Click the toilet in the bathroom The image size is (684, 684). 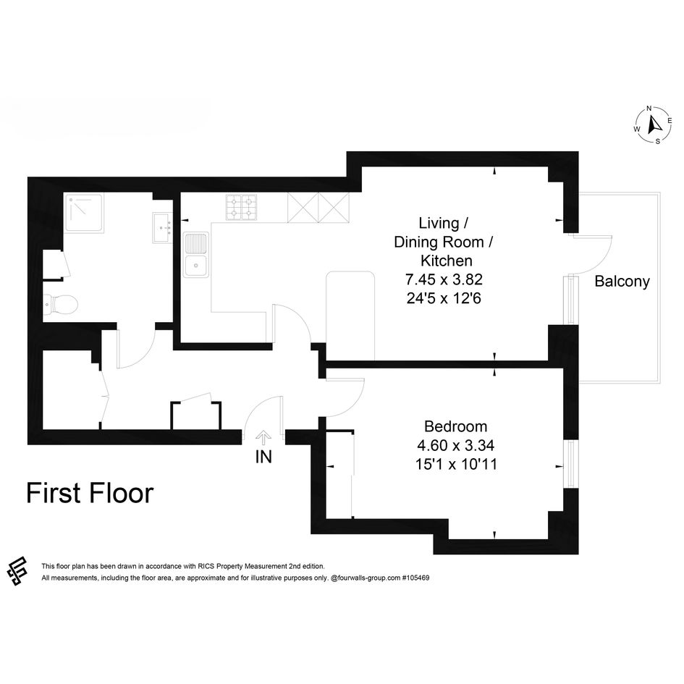[x=60, y=303]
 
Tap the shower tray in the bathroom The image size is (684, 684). [x=85, y=213]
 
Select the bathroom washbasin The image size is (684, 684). [x=163, y=228]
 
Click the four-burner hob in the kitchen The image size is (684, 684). [x=241, y=207]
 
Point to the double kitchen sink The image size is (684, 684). [x=196, y=255]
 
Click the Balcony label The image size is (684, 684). [x=622, y=282]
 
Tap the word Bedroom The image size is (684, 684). [x=455, y=426]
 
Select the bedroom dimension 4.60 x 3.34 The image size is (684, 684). [x=455, y=445]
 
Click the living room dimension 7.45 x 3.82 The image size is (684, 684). [x=444, y=279]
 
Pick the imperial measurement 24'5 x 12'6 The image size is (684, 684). [x=444, y=298]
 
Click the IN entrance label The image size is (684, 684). [x=263, y=457]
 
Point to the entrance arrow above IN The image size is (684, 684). [x=263, y=438]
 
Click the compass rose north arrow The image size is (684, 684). [x=654, y=124]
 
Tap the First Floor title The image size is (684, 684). [x=90, y=493]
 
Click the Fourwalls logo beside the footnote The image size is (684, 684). [x=17, y=572]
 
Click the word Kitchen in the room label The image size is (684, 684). [x=447, y=261]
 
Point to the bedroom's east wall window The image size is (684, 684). [x=571, y=464]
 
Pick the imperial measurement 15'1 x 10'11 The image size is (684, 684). [x=456, y=464]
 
